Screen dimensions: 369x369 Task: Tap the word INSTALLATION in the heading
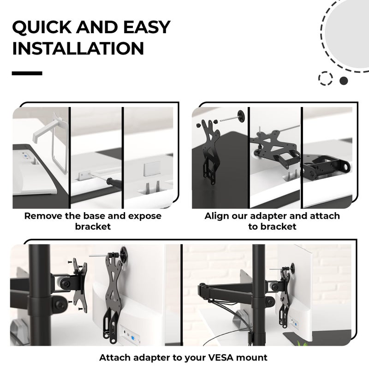78,48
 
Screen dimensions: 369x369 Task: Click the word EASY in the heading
147,27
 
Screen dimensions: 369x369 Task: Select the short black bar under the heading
27,73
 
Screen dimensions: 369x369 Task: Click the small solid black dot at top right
344,81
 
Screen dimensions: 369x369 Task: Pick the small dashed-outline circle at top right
326,78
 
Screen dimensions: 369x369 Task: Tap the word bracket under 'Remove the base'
93,226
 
